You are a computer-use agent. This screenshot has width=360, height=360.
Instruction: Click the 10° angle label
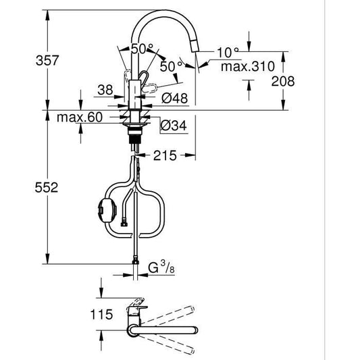tap(228, 51)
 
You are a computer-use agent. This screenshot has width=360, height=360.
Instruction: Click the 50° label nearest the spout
tap(170, 66)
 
